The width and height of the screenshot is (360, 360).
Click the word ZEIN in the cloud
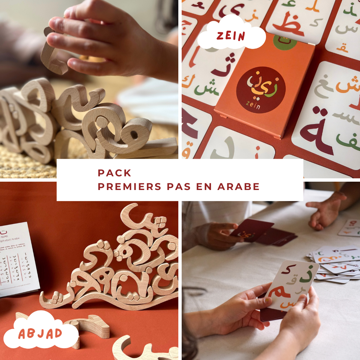230,36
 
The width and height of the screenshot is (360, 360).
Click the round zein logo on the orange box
261,90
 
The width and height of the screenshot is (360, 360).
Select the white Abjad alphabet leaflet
18,258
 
